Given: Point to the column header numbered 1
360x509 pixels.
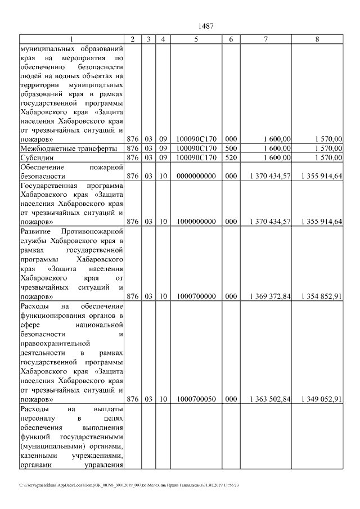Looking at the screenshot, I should click(71, 39).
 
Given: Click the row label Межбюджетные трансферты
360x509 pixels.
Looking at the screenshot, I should click(68, 148).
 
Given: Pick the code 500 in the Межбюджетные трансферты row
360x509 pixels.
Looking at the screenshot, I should click(231, 148).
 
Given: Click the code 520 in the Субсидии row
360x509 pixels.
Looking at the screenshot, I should click(231, 157).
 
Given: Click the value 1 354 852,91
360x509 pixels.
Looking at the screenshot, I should click(321, 296).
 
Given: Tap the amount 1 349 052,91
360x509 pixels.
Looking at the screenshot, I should click(321, 399).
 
